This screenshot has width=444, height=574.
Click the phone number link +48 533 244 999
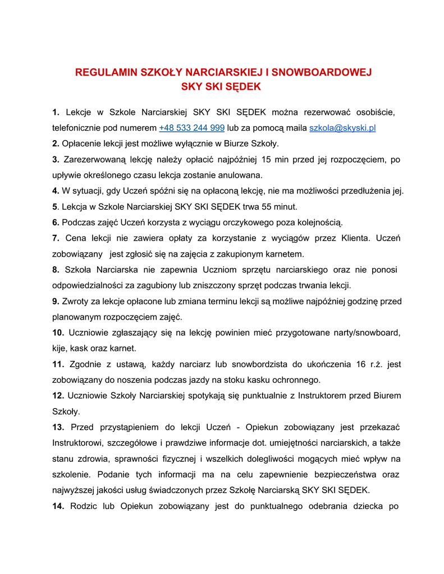pos(192,128)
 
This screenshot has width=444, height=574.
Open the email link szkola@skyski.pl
pos(342,128)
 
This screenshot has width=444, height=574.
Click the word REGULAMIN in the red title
pos(106,72)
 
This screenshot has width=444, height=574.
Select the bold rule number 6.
pos(56,223)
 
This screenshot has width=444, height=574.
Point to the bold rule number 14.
pos(58,506)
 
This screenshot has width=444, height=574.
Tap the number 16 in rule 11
pos(361,364)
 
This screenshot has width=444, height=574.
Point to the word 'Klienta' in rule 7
pos(354,238)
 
